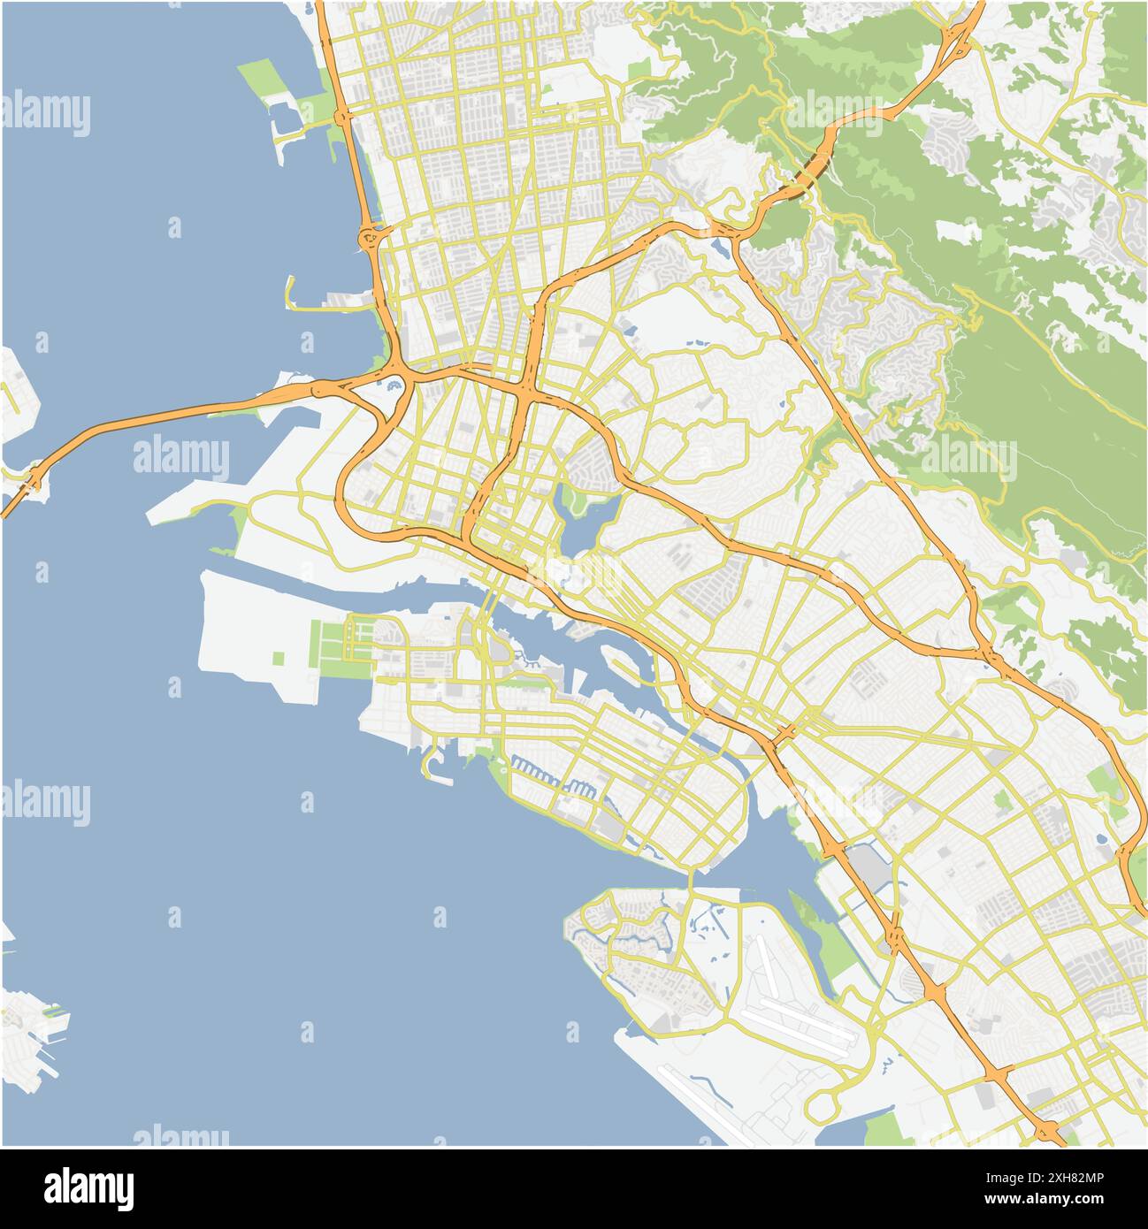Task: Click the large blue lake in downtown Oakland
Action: pyautogui.click(x=584, y=531)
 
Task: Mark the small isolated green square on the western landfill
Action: pyautogui.click(x=279, y=658)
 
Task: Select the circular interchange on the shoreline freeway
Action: pyautogui.click(x=370, y=237)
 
